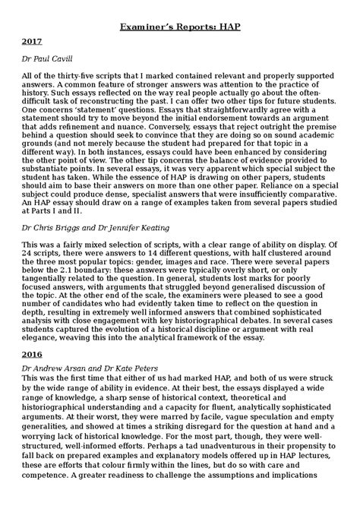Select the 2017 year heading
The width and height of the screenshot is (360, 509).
(33, 43)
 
